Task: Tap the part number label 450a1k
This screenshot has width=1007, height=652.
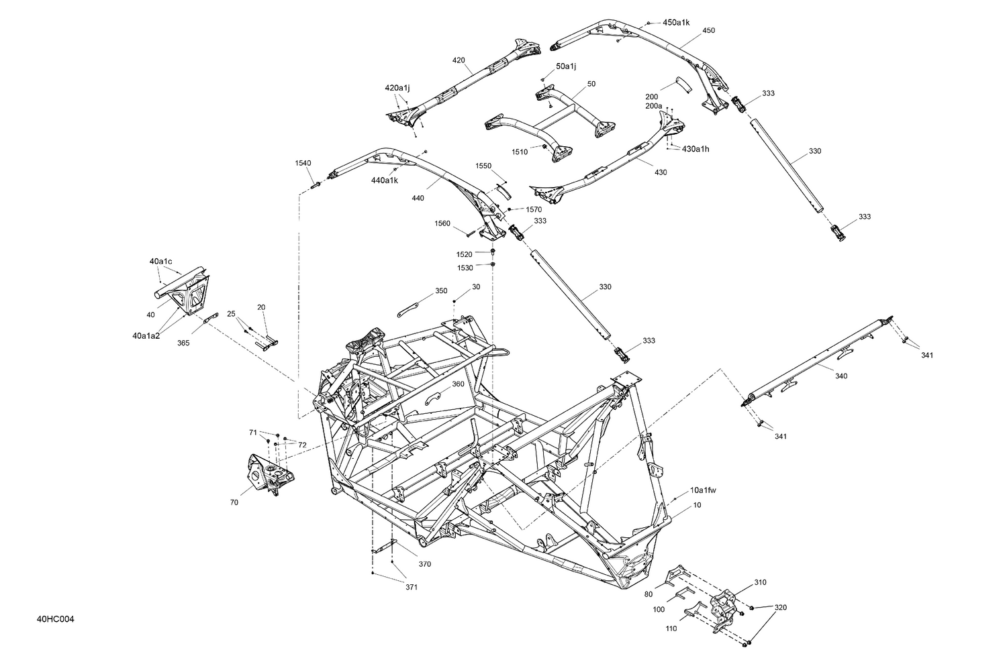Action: coord(676,23)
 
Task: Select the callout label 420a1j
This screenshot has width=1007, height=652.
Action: coord(397,88)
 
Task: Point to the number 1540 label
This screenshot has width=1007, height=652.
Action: coord(303,163)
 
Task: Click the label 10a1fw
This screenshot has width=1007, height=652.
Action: coord(703,490)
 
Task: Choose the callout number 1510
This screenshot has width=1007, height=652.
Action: coord(520,152)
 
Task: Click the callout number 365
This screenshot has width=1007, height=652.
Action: coord(183,343)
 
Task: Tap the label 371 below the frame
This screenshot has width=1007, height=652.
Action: coord(412,588)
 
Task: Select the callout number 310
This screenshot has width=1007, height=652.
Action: coord(760,582)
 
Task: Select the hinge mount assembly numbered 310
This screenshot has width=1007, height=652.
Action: coord(722,608)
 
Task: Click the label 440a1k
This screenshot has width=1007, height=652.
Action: coord(384,180)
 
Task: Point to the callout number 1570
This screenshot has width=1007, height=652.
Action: coord(534,210)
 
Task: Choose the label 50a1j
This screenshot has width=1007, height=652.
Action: coord(566,66)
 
